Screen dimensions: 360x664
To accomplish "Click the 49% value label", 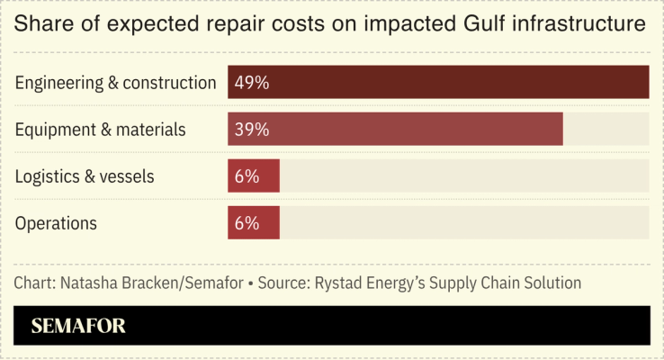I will coord(251,83).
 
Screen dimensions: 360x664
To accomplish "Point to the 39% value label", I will coord(251,130).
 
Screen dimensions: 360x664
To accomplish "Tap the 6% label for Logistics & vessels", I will coord(247,176).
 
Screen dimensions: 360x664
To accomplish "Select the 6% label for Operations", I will coord(247,223).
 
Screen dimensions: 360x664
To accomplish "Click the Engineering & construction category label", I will coord(116,83).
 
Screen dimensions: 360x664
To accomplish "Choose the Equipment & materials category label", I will coord(101,130).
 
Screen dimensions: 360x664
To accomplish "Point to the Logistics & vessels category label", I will coord(85,176).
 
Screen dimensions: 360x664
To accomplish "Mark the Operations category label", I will coord(56,223).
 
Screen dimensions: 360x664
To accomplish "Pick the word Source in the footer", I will coord(283,283).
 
